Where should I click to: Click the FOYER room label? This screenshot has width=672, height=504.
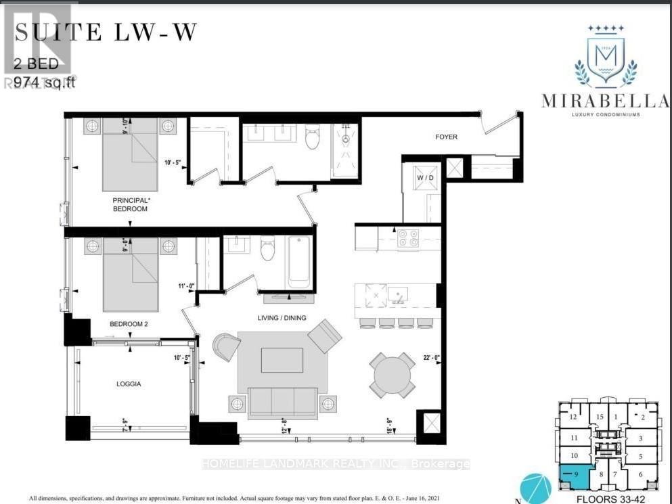(446, 137)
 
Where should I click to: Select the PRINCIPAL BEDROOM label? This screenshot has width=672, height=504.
(131, 205)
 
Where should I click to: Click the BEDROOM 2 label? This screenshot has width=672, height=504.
(129, 324)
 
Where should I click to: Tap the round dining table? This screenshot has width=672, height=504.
(393, 374)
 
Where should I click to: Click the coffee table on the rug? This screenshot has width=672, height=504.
(282, 360)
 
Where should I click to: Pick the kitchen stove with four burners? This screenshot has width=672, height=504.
(408, 238)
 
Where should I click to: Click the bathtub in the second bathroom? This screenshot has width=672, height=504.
(298, 261)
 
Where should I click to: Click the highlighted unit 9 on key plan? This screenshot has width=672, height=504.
(574, 476)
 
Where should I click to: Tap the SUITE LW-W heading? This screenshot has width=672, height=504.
(106, 32)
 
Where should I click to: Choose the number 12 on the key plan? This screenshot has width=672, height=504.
(573, 417)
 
